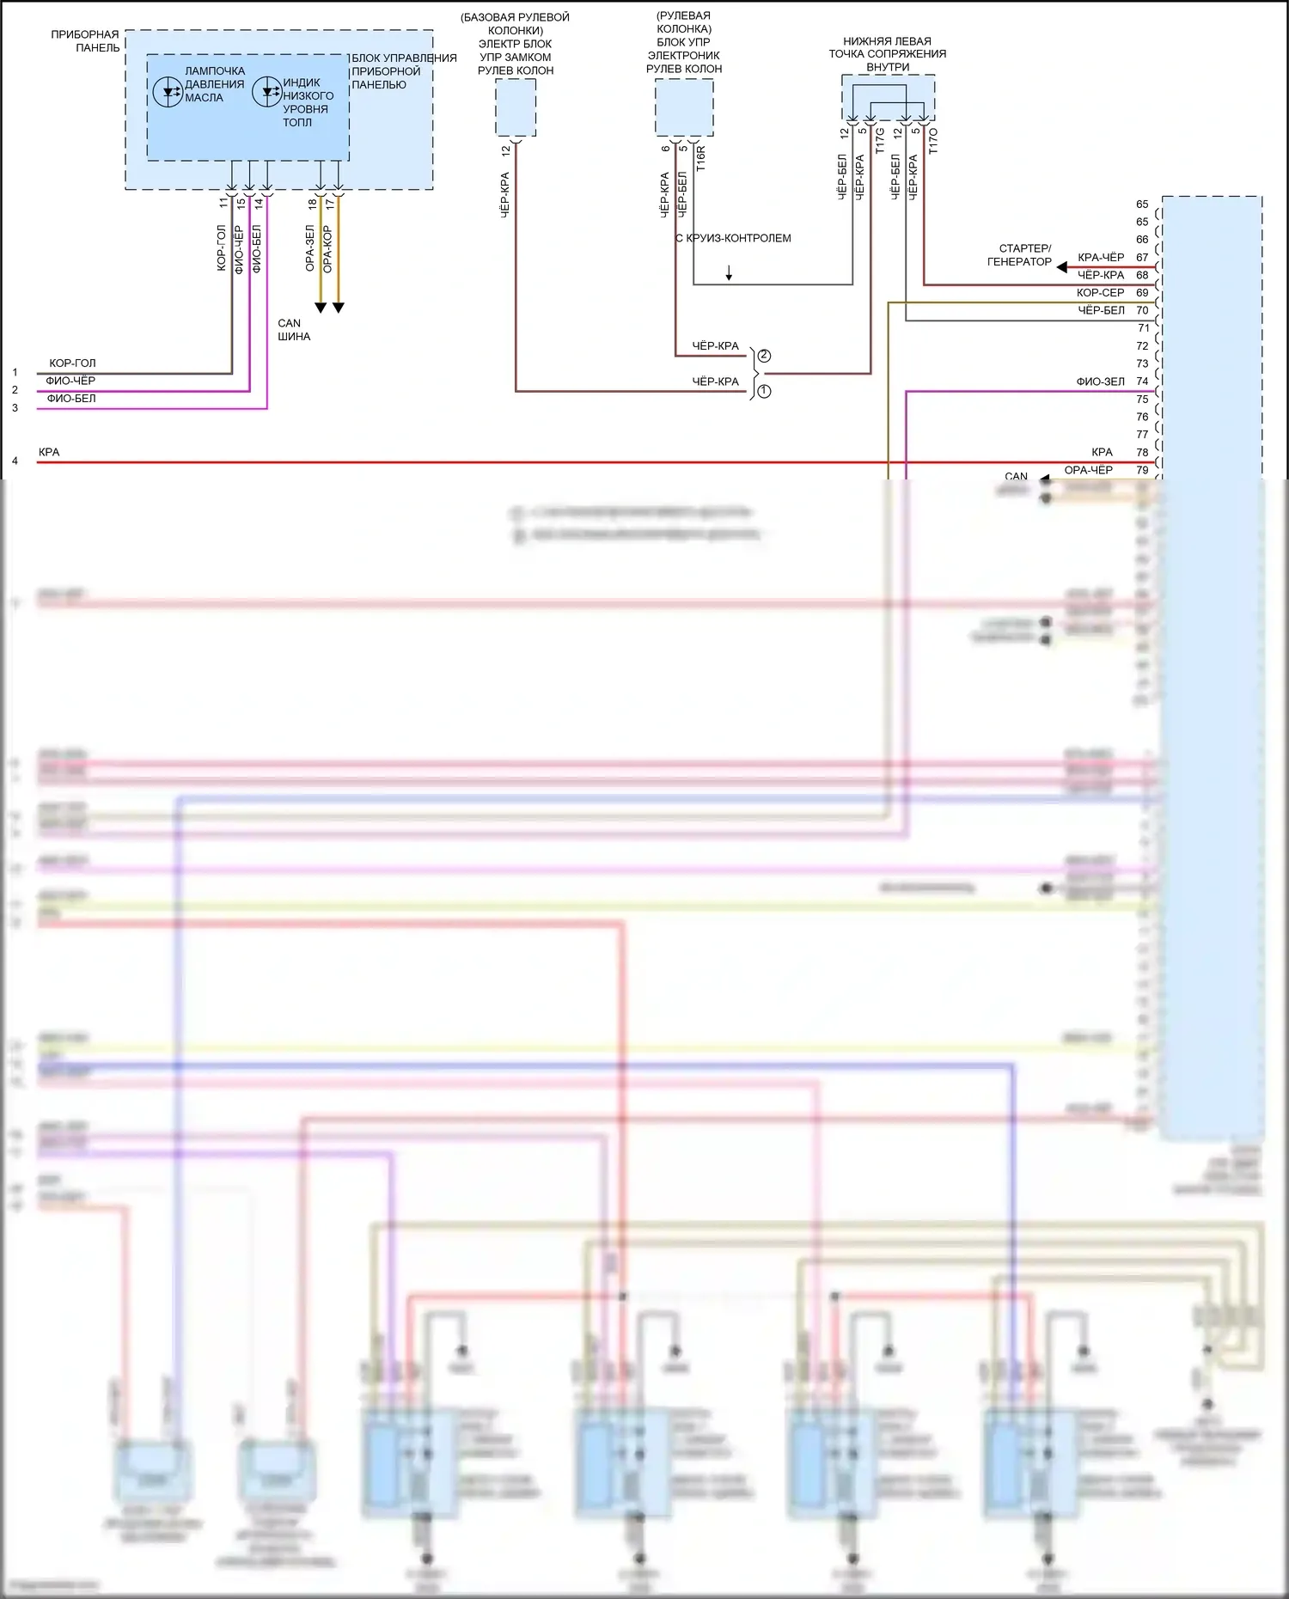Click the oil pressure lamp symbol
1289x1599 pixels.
click(168, 91)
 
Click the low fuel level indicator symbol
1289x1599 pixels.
click(266, 92)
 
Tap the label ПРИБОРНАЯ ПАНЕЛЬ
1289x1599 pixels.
click(85, 41)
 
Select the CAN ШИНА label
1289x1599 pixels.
click(293, 330)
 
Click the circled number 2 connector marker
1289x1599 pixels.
click(764, 356)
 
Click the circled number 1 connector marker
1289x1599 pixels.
click(764, 391)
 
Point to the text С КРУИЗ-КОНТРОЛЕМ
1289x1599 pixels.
click(733, 238)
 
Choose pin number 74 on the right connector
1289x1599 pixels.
click(1142, 381)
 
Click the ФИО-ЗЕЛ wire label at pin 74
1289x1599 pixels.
click(1100, 381)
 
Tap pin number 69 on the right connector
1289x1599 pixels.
click(1142, 293)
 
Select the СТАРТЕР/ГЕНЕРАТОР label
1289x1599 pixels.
click(1020, 255)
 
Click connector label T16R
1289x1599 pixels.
click(700, 158)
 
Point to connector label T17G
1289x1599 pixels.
click(880, 141)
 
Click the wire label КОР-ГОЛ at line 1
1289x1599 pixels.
click(72, 363)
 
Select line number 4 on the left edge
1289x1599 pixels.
click(15, 461)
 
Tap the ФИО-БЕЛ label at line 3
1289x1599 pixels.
click(71, 399)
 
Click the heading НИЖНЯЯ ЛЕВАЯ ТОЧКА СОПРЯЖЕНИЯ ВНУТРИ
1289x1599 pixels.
click(888, 54)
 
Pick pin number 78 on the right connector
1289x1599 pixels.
click(1142, 452)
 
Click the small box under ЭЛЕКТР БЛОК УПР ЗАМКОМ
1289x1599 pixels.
click(516, 107)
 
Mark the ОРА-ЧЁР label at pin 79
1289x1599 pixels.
click(1088, 470)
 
